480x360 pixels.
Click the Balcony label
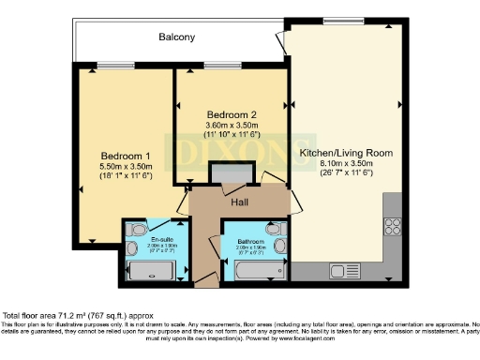pyautogui.click(x=176, y=37)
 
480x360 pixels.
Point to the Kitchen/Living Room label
pyautogui.click(x=345, y=152)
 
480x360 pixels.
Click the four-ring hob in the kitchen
pyautogui.click(x=393, y=226)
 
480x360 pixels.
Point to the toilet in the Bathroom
pyautogui.click(x=273, y=227)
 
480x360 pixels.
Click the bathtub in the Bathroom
pyautogui.click(x=261, y=272)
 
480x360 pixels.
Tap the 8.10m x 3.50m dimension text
pyautogui.click(x=345, y=163)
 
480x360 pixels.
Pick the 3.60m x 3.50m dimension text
pyautogui.click(x=232, y=126)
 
